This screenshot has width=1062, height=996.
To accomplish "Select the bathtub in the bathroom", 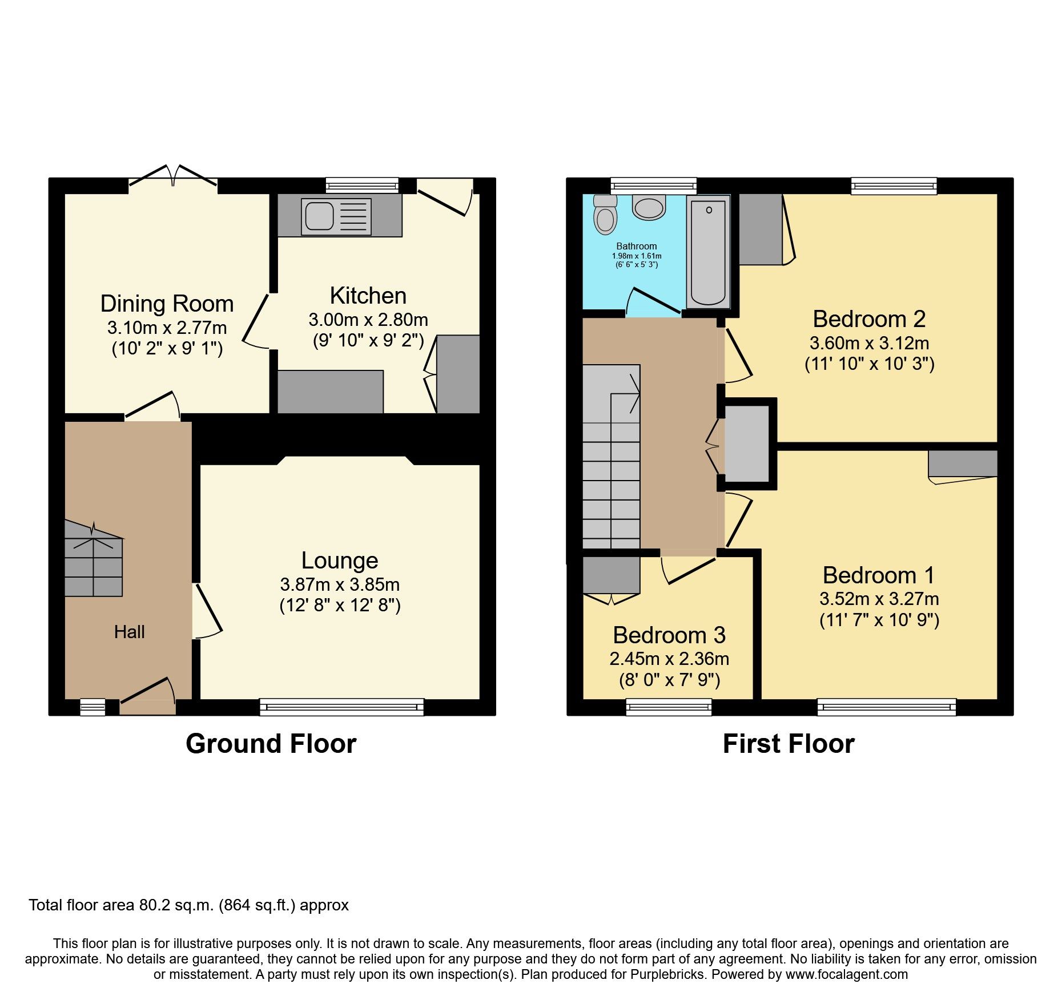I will point(709,252).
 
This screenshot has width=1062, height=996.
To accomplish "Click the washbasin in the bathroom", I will point(649,208).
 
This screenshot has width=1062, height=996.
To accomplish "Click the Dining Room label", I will point(167,304).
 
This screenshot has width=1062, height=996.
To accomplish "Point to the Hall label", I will point(130,632).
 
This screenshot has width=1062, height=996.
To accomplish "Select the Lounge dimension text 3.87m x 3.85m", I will point(340,584).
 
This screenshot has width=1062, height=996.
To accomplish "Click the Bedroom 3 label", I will point(669,635).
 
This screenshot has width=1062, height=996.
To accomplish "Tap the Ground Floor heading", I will point(271,744).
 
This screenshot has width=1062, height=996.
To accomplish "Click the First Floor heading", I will point(789,744).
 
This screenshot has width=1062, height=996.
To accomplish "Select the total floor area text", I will point(188,905).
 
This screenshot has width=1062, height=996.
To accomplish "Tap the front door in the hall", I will point(148,699).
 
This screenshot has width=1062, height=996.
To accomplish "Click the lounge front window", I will point(341,707).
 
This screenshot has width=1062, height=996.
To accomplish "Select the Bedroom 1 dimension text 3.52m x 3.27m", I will point(879,599).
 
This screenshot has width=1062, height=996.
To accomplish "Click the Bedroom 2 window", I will point(894,186).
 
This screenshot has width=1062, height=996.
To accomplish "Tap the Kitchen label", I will point(368,296).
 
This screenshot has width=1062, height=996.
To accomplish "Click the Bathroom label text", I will point(636,246).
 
